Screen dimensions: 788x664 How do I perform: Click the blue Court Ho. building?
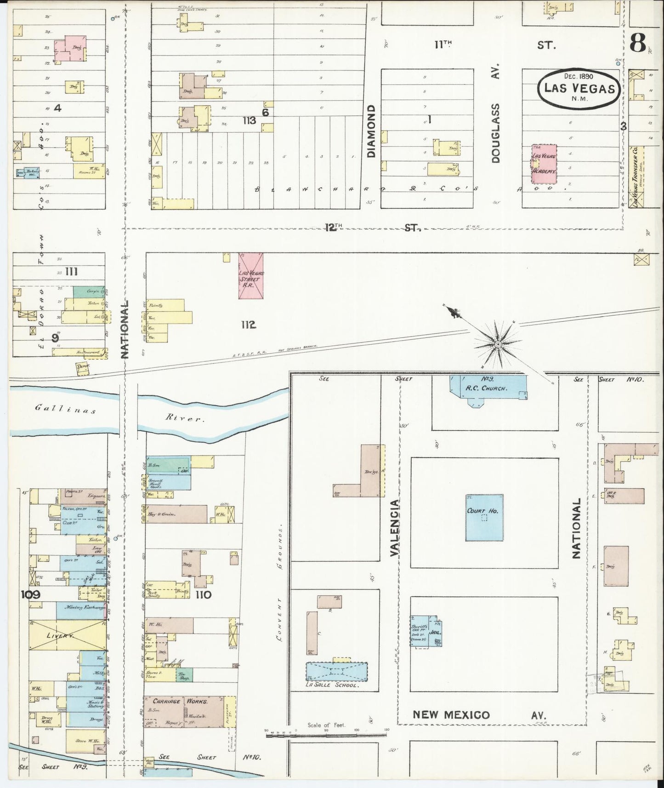pyautogui.click(x=484, y=518)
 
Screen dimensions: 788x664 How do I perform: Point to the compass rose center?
pyautogui.click(x=498, y=343)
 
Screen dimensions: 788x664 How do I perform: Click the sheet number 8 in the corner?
pyautogui.click(x=639, y=44)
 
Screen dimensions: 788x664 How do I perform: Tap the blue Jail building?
pyautogui.click(x=435, y=632)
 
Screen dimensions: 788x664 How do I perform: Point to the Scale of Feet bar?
pyautogui.click(x=328, y=735)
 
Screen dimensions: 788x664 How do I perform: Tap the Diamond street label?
pyautogui.click(x=371, y=131)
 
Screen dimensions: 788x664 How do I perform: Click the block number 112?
pyautogui.click(x=248, y=325)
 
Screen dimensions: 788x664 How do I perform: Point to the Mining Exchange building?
pyautogui.click(x=80, y=607)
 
